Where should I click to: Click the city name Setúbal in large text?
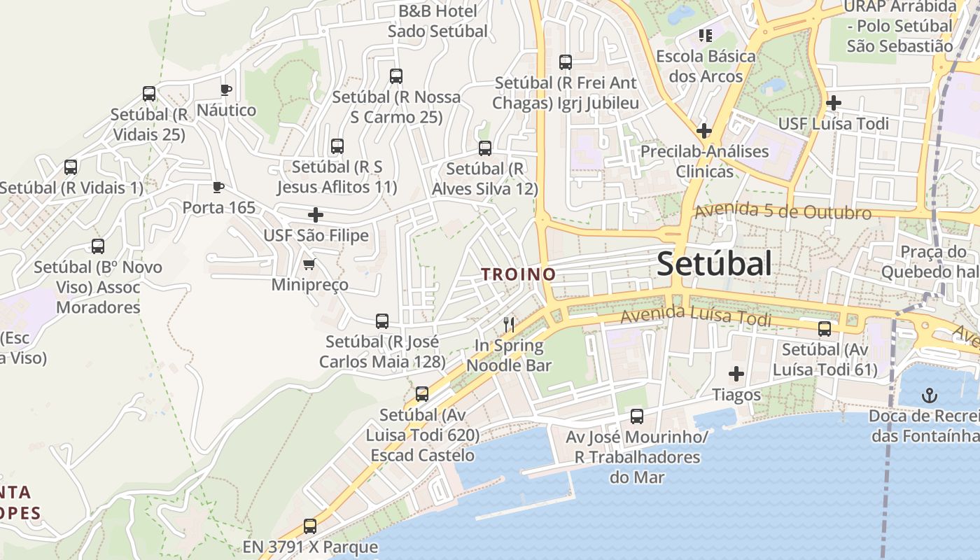coord(715,264)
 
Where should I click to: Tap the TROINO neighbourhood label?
coord(519,274)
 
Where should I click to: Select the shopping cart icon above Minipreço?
coord(309,265)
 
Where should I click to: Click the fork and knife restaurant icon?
coord(509,324)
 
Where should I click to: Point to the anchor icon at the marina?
coord(929,395)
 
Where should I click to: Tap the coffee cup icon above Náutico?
coord(225,90)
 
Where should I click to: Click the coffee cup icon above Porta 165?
coord(218,187)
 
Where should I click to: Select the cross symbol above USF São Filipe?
coord(316,215)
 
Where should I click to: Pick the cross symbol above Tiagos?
coord(736,374)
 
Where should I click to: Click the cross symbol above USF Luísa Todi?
coord(833,104)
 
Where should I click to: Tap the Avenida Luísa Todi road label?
coord(696,316)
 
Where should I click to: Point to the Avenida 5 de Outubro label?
coord(783,211)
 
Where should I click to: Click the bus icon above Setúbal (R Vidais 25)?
coord(149,94)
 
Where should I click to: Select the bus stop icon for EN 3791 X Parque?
coord(310,526)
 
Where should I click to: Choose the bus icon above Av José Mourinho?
coord(637,416)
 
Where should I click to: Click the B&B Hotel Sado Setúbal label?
coord(437,21)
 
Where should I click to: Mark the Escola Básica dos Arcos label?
coord(706,66)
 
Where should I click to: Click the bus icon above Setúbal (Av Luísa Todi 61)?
coord(825,329)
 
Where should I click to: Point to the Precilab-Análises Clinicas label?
coord(705,161)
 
